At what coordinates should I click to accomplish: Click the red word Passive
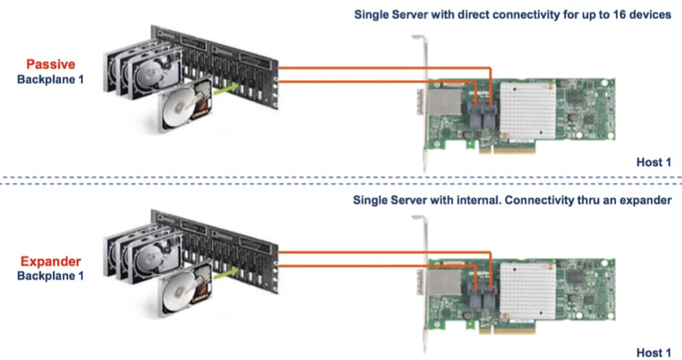pyautogui.click(x=51, y=64)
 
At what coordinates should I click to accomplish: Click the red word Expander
pyautogui.click(x=51, y=261)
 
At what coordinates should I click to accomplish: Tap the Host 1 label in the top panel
pyautogui.click(x=654, y=162)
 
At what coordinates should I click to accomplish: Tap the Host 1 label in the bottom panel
pyautogui.click(x=654, y=353)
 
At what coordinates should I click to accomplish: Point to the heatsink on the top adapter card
pyautogui.click(x=528, y=111)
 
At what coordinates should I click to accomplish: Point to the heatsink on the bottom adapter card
pyautogui.click(x=528, y=291)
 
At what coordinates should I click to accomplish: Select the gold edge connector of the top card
pyautogui.click(x=507, y=149)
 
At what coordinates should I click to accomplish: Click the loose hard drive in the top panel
pyautogui.click(x=186, y=105)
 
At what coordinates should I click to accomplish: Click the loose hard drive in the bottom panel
pyautogui.click(x=186, y=289)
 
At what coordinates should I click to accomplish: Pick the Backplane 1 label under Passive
pyautogui.click(x=51, y=79)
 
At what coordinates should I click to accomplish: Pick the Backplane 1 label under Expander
pyautogui.click(x=51, y=276)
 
